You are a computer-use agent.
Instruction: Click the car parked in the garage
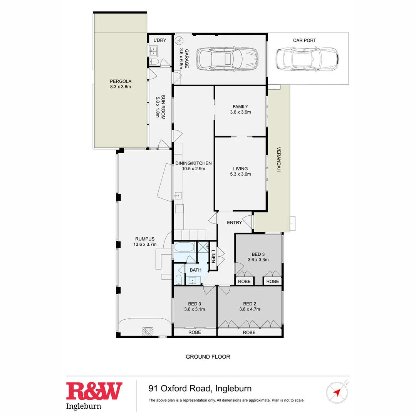click(227, 59)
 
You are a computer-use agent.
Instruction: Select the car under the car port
click(307, 59)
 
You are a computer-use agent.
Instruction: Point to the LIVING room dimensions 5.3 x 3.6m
click(240, 174)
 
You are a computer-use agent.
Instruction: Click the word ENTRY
click(234, 223)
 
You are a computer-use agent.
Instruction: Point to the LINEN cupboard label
click(213, 256)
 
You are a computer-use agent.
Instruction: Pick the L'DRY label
click(159, 40)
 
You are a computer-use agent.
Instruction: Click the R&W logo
click(94, 391)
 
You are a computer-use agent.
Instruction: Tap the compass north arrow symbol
click(337, 392)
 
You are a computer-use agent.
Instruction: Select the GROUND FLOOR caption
click(208, 357)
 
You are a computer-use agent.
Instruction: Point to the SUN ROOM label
click(163, 107)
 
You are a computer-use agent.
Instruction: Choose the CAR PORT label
click(304, 40)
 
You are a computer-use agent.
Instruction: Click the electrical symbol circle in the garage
click(179, 40)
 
